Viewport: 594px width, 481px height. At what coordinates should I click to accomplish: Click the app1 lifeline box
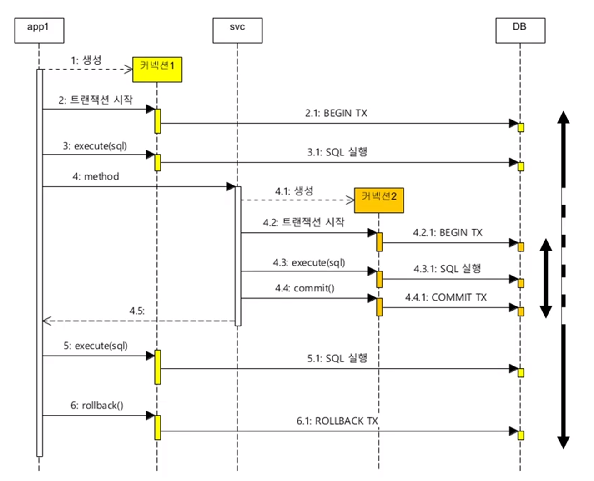click(x=39, y=30)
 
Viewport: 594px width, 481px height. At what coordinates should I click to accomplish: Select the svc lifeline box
click(x=237, y=30)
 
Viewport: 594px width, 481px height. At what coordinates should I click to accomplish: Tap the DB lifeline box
click(x=520, y=30)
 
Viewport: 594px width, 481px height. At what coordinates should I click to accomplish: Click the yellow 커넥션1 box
click(x=157, y=70)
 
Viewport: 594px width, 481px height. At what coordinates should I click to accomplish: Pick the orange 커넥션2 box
click(x=379, y=200)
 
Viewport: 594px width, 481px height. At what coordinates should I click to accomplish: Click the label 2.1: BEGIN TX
click(x=336, y=113)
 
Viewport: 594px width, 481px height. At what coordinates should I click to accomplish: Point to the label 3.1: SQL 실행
click(x=337, y=152)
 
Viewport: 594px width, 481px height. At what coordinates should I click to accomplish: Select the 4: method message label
click(x=96, y=176)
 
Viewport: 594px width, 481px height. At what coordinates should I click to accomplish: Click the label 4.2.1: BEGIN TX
click(x=448, y=233)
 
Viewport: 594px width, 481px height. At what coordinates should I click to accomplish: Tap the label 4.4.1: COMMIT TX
click(x=446, y=297)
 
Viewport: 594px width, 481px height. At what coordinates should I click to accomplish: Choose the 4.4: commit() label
click(x=305, y=288)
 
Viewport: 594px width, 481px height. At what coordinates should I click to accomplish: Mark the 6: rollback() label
click(x=96, y=405)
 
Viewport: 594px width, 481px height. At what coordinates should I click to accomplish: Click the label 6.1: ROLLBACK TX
click(x=337, y=421)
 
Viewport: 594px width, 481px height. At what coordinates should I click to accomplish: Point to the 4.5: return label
click(x=137, y=311)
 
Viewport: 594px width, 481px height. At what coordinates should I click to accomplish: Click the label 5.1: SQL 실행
click(x=337, y=358)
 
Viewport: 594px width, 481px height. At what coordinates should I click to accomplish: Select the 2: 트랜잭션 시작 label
click(x=96, y=100)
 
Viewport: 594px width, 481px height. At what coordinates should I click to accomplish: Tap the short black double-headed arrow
click(x=546, y=278)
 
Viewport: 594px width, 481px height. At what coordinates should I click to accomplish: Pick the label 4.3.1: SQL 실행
click(x=447, y=269)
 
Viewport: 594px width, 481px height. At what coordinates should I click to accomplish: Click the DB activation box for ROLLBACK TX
click(x=521, y=435)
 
